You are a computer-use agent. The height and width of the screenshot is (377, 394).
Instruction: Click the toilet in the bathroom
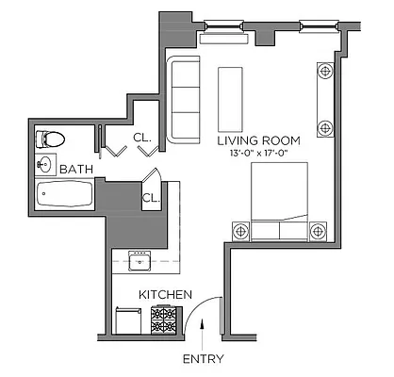pyautogui.click(x=52, y=139)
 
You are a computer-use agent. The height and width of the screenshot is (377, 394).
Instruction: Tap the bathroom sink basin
pyautogui.click(x=44, y=163)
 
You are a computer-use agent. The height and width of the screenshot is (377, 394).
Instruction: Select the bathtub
pyautogui.click(x=64, y=196)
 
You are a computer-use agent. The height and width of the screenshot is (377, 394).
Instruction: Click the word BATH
pyautogui.click(x=75, y=170)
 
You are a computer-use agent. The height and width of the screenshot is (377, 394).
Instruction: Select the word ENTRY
pyautogui.click(x=202, y=360)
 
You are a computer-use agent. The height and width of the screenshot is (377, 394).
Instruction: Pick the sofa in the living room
pyautogui.click(x=185, y=100)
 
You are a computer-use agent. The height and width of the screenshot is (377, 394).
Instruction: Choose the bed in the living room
pyautogui.click(x=279, y=200)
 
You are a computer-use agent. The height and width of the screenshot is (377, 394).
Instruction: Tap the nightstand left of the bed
pyautogui.click(x=238, y=229)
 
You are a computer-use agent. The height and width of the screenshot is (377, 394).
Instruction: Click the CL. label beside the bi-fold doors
pyautogui.click(x=141, y=137)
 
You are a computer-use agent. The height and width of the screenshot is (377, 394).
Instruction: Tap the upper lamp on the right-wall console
pyautogui.click(x=326, y=71)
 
